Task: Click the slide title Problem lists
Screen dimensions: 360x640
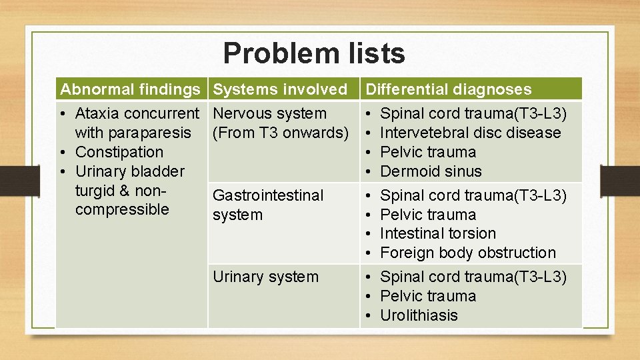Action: [314, 53]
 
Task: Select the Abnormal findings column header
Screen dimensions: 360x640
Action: [130, 89]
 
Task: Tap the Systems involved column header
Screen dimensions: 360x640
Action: [280, 89]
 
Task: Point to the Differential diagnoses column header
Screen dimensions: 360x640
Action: [449, 89]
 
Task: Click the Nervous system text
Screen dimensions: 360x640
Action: [269, 113]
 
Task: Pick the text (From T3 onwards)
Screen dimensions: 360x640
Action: [280, 133]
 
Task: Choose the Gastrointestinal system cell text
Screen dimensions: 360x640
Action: [267, 205]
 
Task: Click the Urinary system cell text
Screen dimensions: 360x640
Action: [265, 277]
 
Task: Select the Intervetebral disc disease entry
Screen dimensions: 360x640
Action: [470, 133]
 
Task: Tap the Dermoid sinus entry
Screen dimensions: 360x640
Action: [430, 171]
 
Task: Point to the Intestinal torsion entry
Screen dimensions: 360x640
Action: [437, 233]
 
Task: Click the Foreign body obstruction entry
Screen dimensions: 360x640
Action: [467, 253]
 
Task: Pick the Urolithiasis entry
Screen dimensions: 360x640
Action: [419, 315]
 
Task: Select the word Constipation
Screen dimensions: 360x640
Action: [119, 152]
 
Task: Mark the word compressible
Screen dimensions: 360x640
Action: [122, 209]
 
